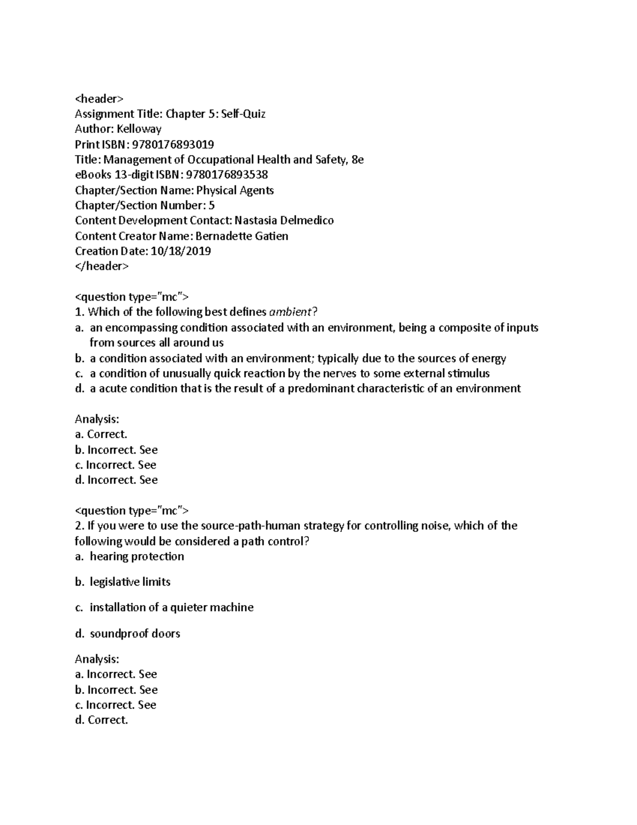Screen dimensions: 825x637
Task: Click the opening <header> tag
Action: tap(99, 98)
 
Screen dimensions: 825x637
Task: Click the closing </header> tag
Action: tap(101, 266)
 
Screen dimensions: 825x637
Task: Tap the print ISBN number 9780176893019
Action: tap(173, 144)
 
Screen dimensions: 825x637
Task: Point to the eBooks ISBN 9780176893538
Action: tap(227, 175)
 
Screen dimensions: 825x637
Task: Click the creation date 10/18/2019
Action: tap(180, 251)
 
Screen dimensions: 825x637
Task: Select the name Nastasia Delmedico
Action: tap(284, 220)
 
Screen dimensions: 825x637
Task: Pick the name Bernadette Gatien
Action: tap(242, 236)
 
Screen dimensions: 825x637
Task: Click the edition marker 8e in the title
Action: tap(357, 159)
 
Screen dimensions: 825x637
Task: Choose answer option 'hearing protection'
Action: tap(137, 556)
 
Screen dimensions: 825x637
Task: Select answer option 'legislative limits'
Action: tap(130, 582)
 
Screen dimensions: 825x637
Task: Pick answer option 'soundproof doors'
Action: tap(135, 633)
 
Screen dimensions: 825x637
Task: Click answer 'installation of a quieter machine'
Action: tap(171, 607)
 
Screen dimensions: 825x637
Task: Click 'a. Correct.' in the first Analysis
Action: tap(101, 434)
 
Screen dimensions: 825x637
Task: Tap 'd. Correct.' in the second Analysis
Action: tap(101, 720)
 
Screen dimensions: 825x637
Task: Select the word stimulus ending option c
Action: tap(467, 373)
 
